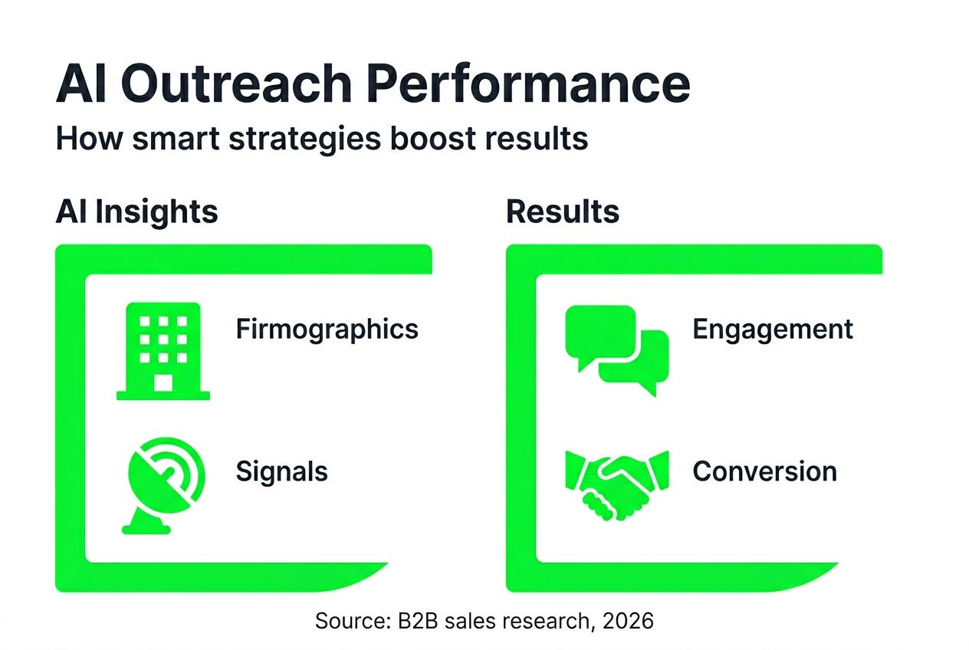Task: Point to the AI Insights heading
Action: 136,212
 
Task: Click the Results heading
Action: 563,212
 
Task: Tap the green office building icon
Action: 163,350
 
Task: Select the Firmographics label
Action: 327,329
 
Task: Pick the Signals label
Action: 281,471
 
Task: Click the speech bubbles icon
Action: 616,350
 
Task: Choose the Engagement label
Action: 772,329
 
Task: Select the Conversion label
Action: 764,471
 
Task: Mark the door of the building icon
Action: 163,382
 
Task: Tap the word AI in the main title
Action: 82,84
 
